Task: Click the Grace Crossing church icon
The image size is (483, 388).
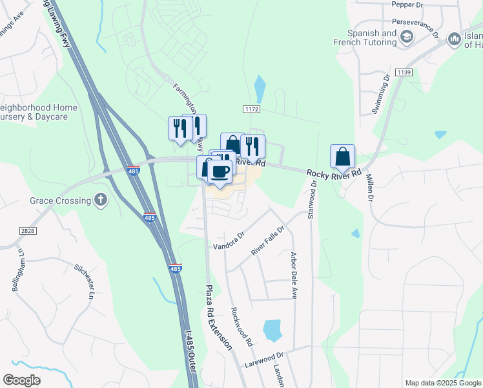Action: [x=100, y=200]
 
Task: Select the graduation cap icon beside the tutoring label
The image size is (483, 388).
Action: [x=406, y=38]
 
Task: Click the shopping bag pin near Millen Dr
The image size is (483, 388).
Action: [x=343, y=157]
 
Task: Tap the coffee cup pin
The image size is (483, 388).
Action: [x=220, y=171]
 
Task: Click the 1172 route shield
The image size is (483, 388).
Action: [x=251, y=111]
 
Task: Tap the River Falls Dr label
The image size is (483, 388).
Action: [x=267, y=240]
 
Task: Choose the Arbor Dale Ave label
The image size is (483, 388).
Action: [x=293, y=275]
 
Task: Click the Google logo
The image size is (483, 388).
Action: [x=22, y=380]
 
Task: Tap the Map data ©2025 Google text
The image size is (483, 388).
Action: [x=442, y=383]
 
